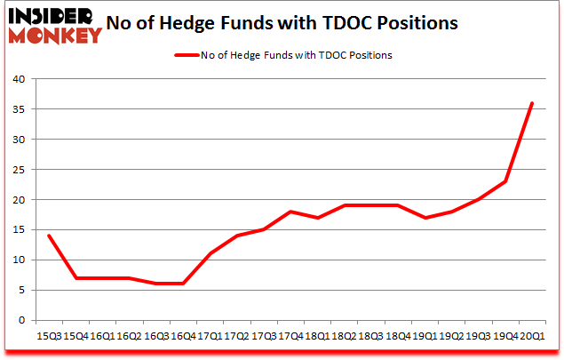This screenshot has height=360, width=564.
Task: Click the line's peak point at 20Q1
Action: click(531, 103)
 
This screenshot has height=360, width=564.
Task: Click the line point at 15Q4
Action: click(76, 277)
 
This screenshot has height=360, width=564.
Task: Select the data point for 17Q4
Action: click(290, 212)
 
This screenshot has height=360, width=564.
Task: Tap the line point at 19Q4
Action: click(504, 181)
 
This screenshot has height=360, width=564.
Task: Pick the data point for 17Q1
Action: click(211, 253)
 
